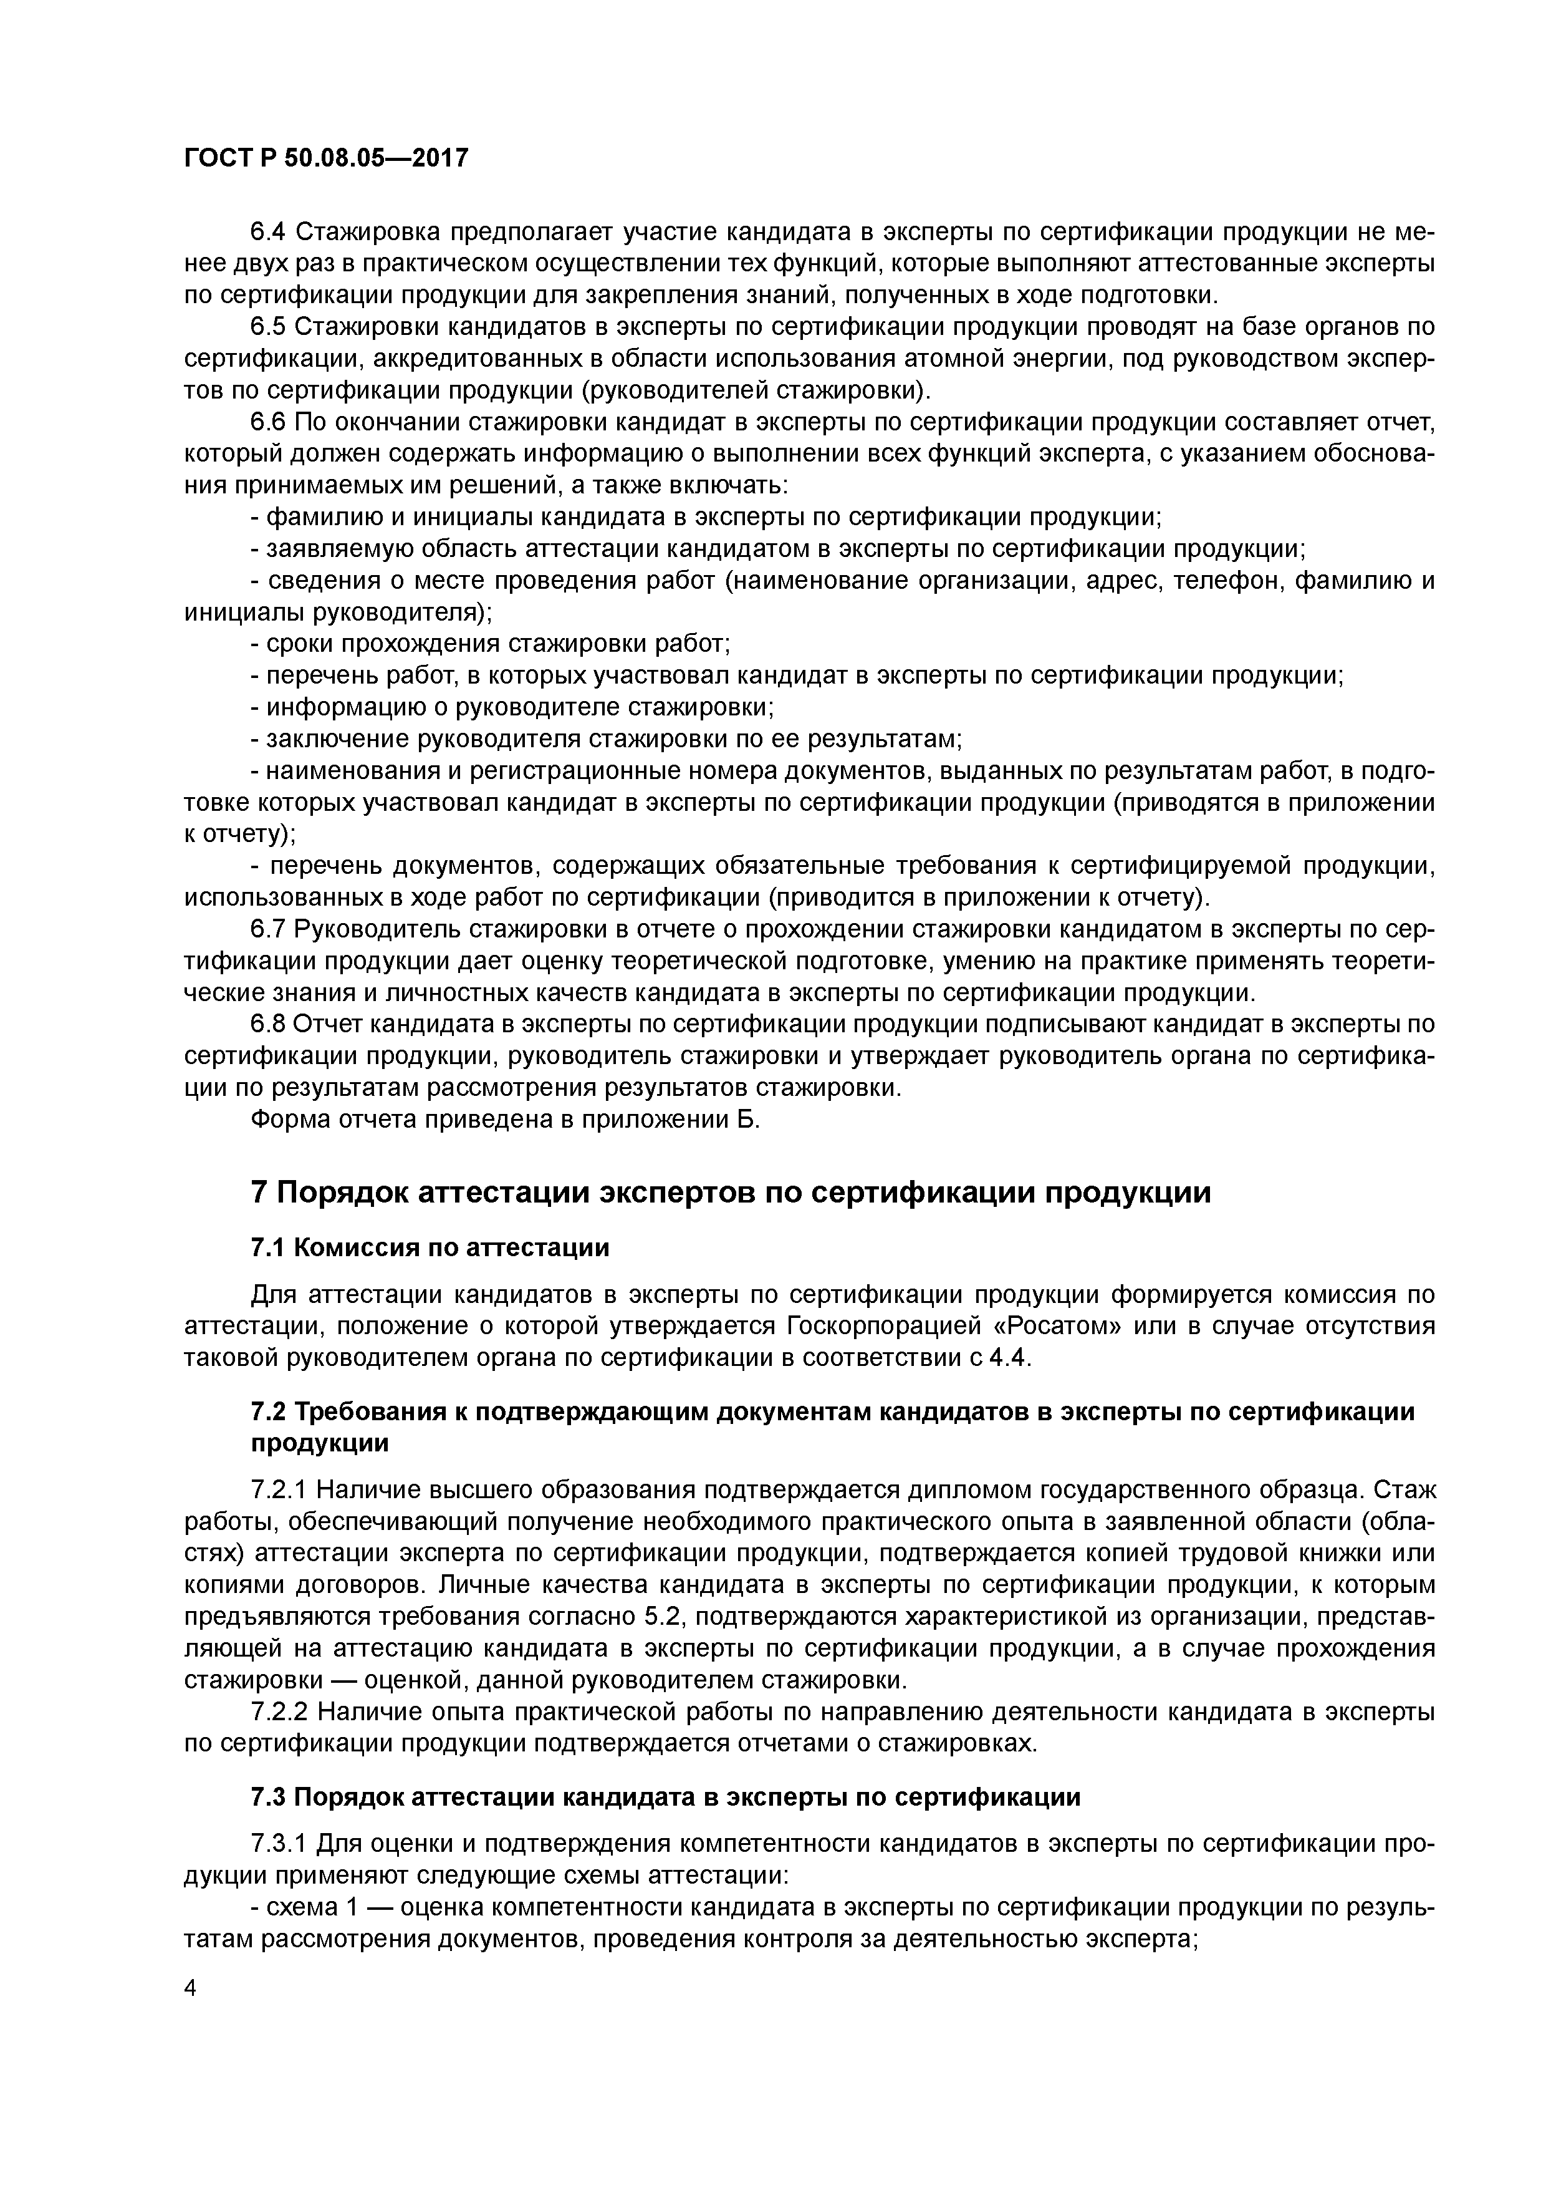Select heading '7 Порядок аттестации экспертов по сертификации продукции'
(731, 1192)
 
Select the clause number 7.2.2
(277, 1711)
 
